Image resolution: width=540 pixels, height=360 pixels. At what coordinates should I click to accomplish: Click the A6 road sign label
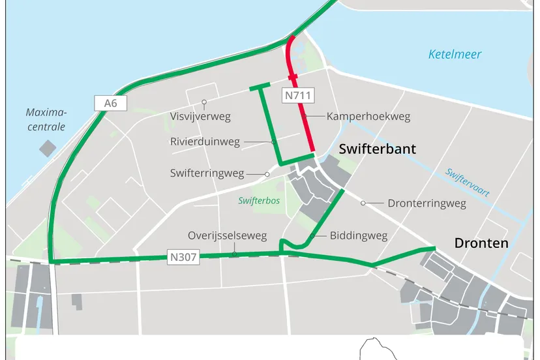[106, 102]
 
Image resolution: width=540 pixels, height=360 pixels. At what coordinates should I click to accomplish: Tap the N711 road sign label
[299, 96]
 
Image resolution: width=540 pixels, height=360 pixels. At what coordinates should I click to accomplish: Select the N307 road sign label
[183, 256]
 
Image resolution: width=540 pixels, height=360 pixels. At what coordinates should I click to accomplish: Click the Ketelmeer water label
[455, 54]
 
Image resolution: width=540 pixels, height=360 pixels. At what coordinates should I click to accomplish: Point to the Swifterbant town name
[377, 149]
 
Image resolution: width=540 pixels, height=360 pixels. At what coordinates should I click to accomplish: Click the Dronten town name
[481, 243]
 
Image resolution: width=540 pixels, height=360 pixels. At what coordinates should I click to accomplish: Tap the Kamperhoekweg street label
[368, 116]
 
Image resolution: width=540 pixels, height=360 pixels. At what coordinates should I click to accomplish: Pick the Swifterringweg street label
[207, 173]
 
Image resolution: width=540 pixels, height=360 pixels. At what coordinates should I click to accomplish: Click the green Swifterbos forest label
[259, 201]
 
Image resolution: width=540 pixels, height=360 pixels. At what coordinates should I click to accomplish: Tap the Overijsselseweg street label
[227, 235]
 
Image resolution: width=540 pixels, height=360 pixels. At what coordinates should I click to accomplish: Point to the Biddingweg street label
[359, 235]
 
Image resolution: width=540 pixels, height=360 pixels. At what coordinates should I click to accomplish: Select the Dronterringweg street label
[427, 203]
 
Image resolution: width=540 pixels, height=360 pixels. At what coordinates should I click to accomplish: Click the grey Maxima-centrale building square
[48, 147]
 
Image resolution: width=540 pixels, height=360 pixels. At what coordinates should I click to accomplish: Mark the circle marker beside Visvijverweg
[204, 102]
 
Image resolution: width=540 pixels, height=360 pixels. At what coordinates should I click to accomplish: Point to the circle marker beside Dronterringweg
[363, 203]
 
